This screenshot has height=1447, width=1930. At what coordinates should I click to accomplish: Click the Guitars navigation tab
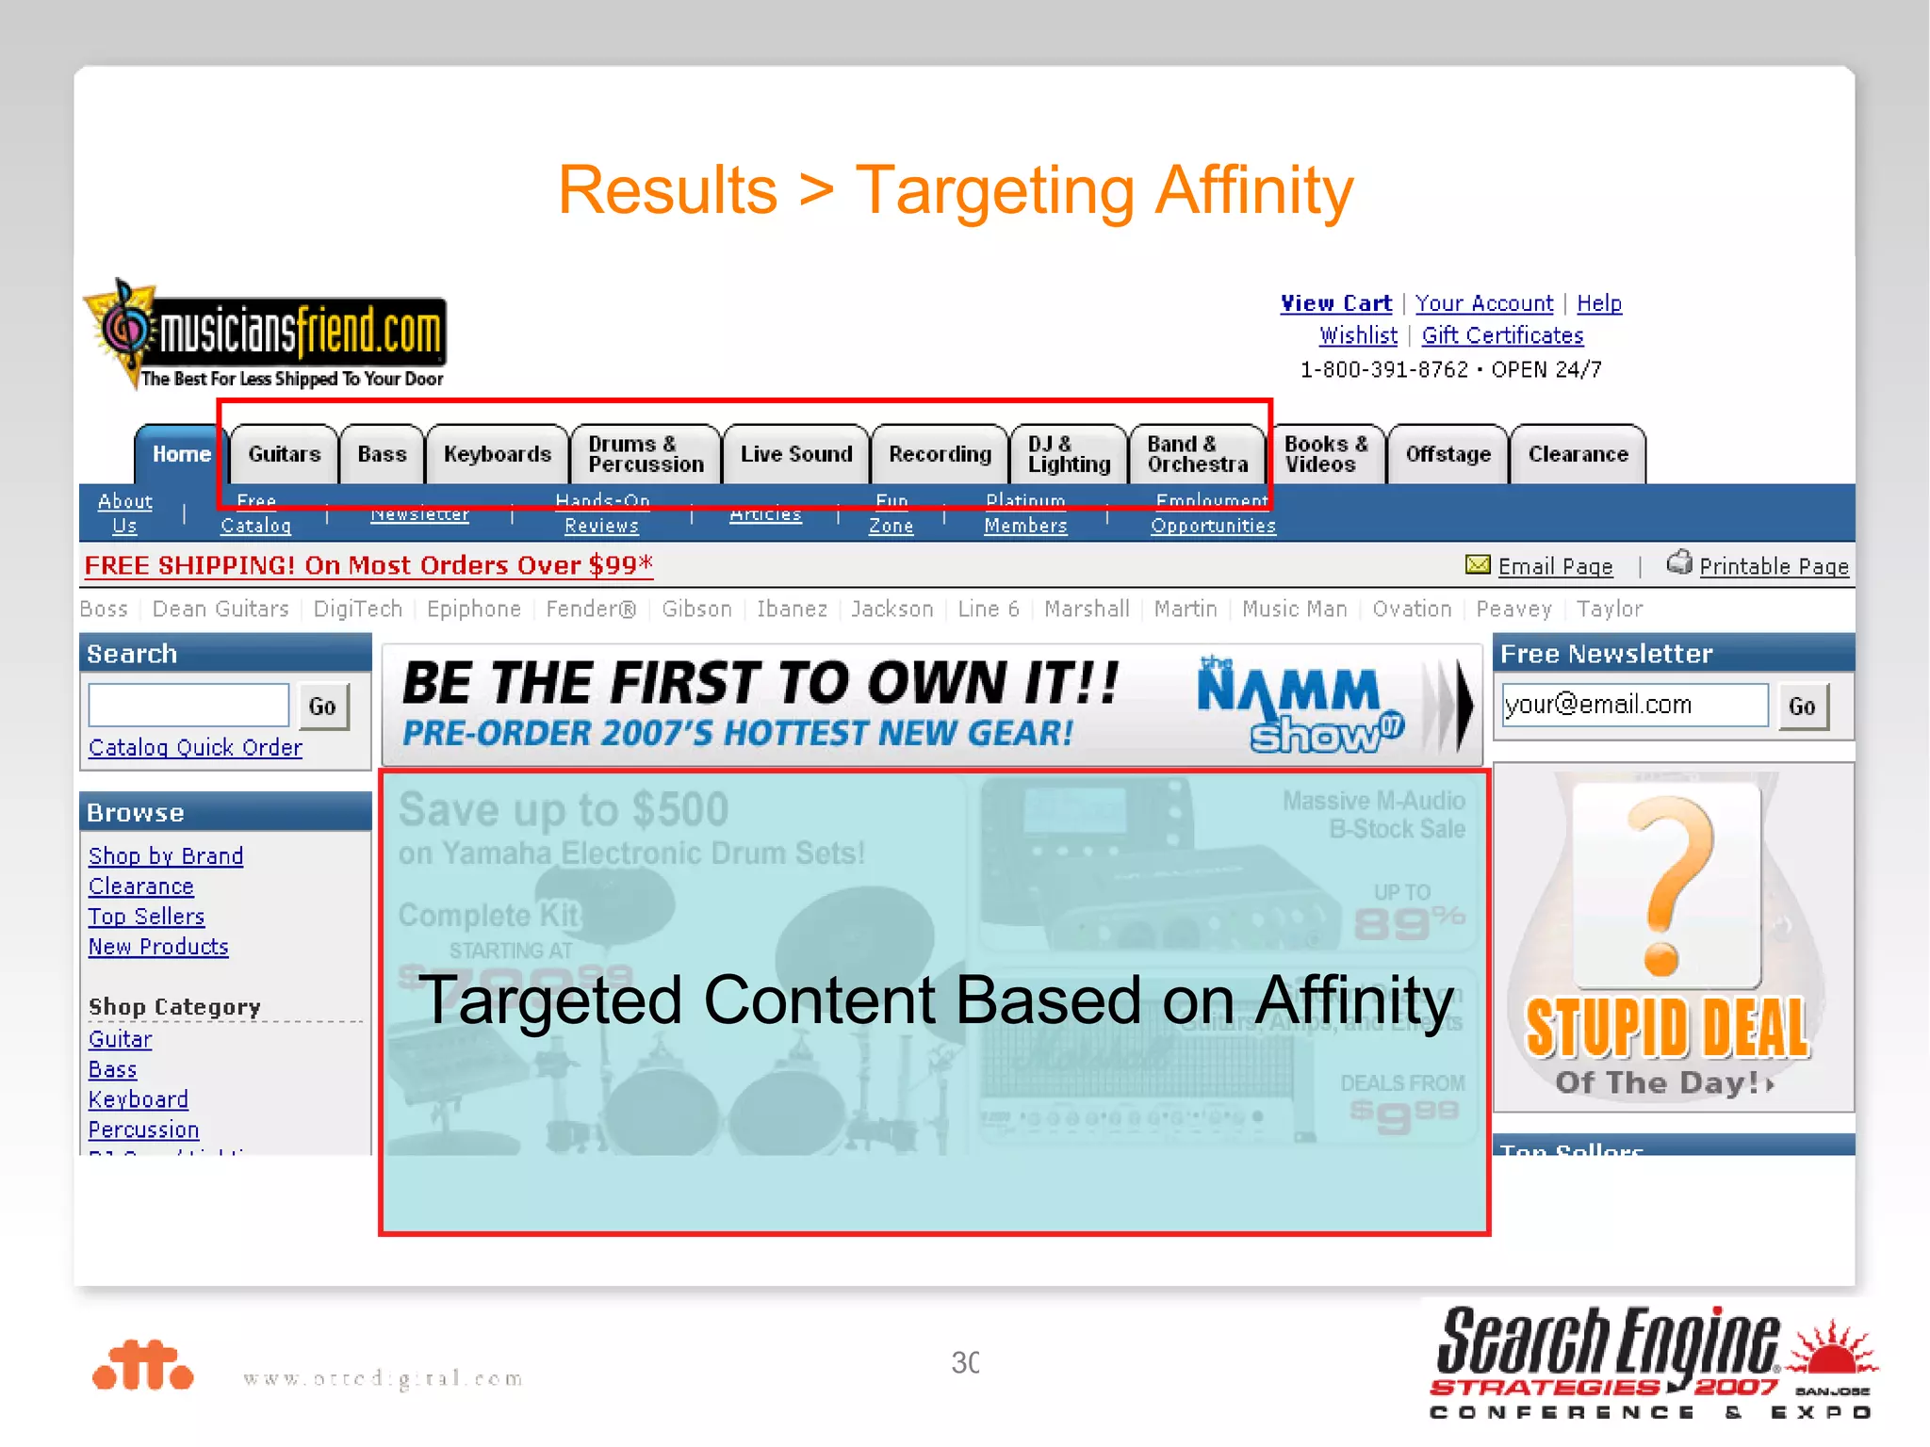click(284, 454)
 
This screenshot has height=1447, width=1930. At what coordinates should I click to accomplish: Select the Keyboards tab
click(497, 454)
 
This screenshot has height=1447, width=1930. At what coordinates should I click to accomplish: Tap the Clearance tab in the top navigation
click(1578, 454)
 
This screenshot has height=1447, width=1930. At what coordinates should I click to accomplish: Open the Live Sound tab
click(795, 454)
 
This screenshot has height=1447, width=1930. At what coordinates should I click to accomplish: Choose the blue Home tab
click(181, 454)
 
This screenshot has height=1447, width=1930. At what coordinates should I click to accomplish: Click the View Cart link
click(1335, 303)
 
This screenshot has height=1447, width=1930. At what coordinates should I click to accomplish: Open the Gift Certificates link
click(1502, 335)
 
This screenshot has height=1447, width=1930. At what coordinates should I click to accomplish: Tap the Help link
click(1598, 303)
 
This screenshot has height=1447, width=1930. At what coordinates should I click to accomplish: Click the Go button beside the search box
click(322, 707)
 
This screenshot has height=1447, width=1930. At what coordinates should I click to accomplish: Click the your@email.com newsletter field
click(1634, 705)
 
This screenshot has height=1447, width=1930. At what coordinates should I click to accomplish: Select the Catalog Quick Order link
click(195, 747)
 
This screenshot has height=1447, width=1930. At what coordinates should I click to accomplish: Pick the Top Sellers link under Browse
click(146, 917)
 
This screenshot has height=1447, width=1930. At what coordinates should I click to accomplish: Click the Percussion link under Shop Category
click(143, 1130)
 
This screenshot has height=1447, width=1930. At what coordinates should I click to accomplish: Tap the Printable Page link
click(1774, 566)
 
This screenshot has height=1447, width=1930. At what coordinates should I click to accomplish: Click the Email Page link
click(1555, 566)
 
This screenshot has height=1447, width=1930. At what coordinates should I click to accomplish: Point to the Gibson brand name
click(696, 610)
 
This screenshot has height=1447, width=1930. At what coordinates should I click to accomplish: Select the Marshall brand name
click(1087, 610)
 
